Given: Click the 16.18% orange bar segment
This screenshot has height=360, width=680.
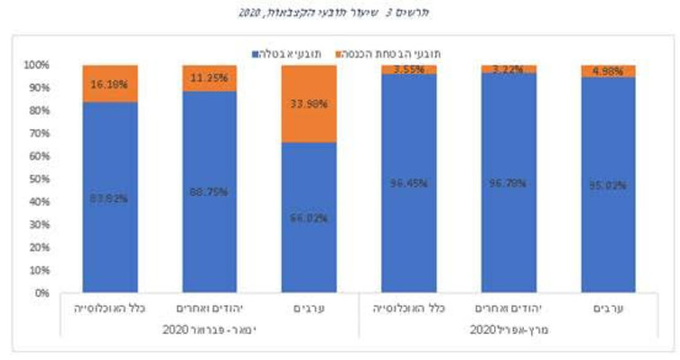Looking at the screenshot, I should pos(110,83).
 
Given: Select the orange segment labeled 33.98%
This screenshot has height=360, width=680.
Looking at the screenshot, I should pos(309,102).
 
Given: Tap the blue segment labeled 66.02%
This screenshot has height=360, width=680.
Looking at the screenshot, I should pos(309,216).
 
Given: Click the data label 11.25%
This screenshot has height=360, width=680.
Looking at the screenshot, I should pos(210,77).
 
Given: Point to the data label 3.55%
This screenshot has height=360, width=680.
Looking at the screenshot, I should pos(408,70).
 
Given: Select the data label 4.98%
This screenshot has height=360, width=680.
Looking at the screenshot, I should pos(607,72).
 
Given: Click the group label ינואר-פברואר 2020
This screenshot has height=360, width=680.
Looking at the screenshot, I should pos(210,329).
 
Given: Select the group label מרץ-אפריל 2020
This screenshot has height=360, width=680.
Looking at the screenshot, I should pos(507,329).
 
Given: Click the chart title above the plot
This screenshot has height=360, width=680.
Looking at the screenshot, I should pos(341,13).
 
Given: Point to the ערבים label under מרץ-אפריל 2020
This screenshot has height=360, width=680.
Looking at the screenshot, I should pos(607,308).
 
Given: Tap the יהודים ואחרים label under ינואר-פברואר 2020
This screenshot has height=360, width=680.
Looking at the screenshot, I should pos(210,308).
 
